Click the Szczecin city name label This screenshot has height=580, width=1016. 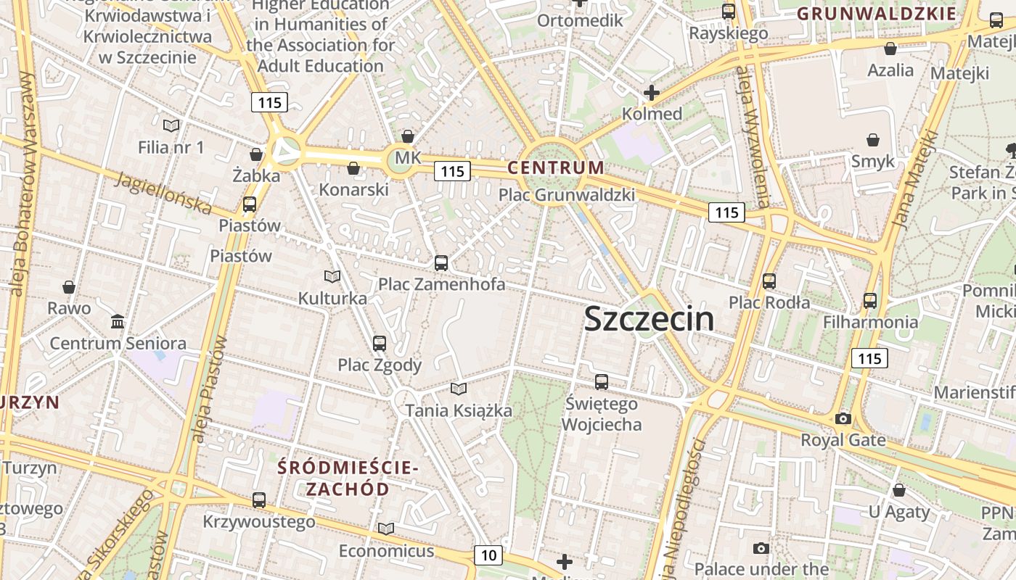tap(649, 319)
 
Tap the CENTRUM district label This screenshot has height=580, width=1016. tap(555, 167)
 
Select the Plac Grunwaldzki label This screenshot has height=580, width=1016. tap(567, 194)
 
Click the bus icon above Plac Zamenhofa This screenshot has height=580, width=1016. tap(441, 263)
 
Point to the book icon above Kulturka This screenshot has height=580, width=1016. tap(332, 277)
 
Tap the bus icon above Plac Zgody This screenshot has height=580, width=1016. tap(380, 344)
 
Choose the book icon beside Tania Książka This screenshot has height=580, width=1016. tap(458, 389)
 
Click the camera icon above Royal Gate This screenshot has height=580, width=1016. tap(843, 418)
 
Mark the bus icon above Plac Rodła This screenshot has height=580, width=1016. tap(769, 281)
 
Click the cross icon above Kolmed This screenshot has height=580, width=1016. tap(652, 93)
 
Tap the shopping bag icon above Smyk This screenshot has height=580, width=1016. tap(873, 140)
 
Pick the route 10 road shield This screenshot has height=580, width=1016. tap(488, 555)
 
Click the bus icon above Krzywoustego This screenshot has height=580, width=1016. tap(259, 500)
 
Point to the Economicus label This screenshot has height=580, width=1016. tap(386, 550)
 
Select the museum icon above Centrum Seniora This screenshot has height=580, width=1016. tap(118, 321)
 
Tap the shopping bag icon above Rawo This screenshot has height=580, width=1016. tap(69, 287)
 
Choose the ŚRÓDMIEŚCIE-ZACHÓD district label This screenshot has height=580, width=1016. tap(348, 478)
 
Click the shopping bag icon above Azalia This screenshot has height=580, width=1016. tap(890, 49)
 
